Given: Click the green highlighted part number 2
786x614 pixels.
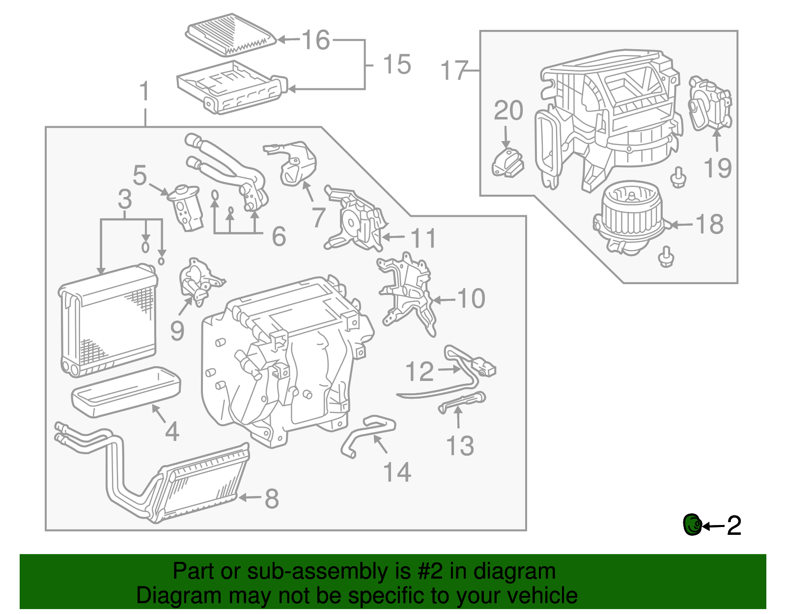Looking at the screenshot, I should [692, 525].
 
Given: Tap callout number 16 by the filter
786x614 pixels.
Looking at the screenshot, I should [315, 40].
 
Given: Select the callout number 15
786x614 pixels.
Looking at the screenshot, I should [396, 65].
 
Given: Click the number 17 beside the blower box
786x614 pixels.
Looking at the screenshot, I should [454, 70].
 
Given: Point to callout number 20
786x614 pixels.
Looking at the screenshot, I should [508, 111].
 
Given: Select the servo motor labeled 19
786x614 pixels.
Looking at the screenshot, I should [710, 104].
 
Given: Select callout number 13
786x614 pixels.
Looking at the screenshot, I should [460, 446].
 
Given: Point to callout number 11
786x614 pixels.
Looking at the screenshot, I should [423, 238].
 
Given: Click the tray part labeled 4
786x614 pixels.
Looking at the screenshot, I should [126, 392].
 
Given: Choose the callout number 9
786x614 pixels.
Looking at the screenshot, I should [177, 331].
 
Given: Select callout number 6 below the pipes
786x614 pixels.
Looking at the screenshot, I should [279, 236].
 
